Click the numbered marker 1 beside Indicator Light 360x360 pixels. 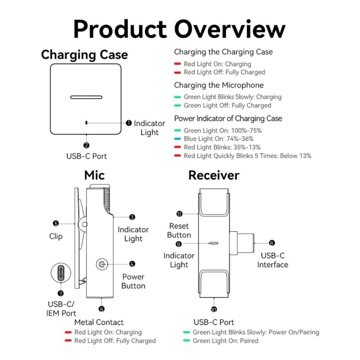(x=129, y=123)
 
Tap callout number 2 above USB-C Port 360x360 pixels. (x=86, y=145)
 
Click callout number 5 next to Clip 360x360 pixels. (x=56, y=223)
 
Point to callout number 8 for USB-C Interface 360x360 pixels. (x=272, y=243)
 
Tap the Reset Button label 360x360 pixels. (x=179, y=230)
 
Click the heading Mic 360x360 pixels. (x=94, y=175)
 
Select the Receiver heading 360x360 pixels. (x=214, y=175)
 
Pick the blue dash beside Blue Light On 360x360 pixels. (x=178, y=139)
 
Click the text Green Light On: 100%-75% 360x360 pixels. (x=223, y=130)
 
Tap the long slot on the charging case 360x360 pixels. (x=86, y=97)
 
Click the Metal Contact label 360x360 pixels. (x=99, y=322)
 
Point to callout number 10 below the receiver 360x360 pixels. (x=214, y=309)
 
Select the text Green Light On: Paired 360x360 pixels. (x=225, y=341)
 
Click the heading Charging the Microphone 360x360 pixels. (x=219, y=85)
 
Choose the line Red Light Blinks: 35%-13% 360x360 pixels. (x=222, y=147)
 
